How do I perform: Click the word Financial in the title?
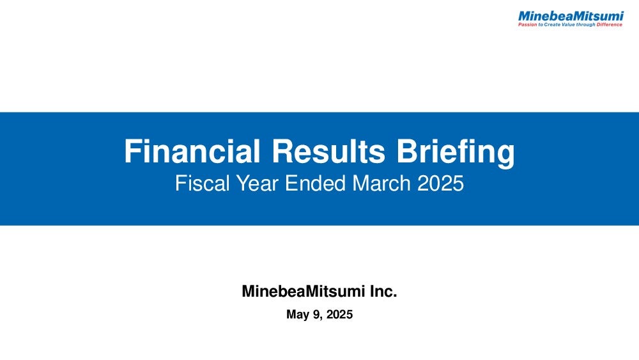coord(192,152)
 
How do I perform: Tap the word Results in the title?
coord(328,152)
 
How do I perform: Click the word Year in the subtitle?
coord(258,183)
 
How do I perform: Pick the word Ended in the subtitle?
coord(316,183)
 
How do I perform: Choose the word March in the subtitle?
coord(382,183)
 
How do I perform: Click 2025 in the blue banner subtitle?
coord(440,183)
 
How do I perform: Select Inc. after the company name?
coord(383,291)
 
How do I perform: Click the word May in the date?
coord(297,315)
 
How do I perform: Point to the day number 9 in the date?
coord(316,315)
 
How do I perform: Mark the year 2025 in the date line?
coord(339,315)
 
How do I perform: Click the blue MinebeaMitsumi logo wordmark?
coord(571,17)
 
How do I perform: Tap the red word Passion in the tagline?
coord(527,24)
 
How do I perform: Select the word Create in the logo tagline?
coord(552,24)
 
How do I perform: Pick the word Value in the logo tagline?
coord(568,24)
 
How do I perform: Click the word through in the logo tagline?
coord(585,24)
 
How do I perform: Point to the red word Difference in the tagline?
coord(610,24)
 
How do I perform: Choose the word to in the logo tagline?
coord(541,24)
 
